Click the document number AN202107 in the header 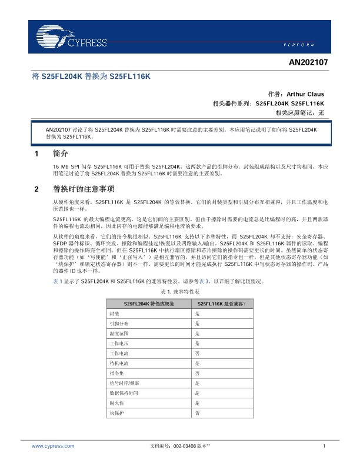308,61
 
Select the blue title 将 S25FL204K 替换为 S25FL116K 91,76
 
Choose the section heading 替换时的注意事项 79,189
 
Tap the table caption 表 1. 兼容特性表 180,291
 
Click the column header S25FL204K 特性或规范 149,304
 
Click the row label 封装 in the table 115,314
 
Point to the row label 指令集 116,373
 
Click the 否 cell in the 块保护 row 197,414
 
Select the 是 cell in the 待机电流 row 197,363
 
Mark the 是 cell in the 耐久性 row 197,403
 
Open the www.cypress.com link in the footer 53,447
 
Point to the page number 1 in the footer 324,447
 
